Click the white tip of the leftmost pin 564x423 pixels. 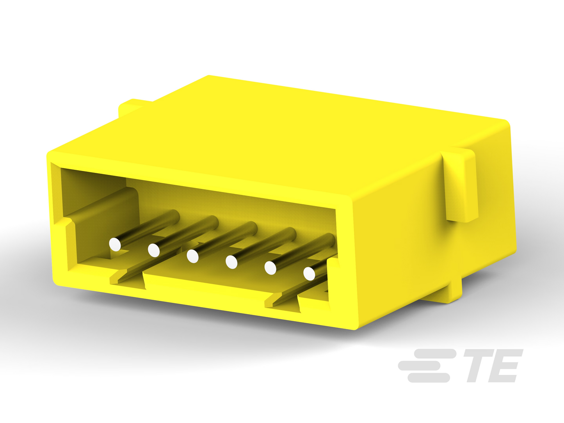[x=115, y=244]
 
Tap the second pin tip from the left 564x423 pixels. [x=154, y=250]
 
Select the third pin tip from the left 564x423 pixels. [x=192, y=256]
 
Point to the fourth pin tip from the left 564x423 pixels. [x=231, y=262]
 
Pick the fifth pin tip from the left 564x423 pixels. [x=270, y=268]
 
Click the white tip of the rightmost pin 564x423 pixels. [x=309, y=274]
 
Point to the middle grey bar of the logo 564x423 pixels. [x=419, y=366]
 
